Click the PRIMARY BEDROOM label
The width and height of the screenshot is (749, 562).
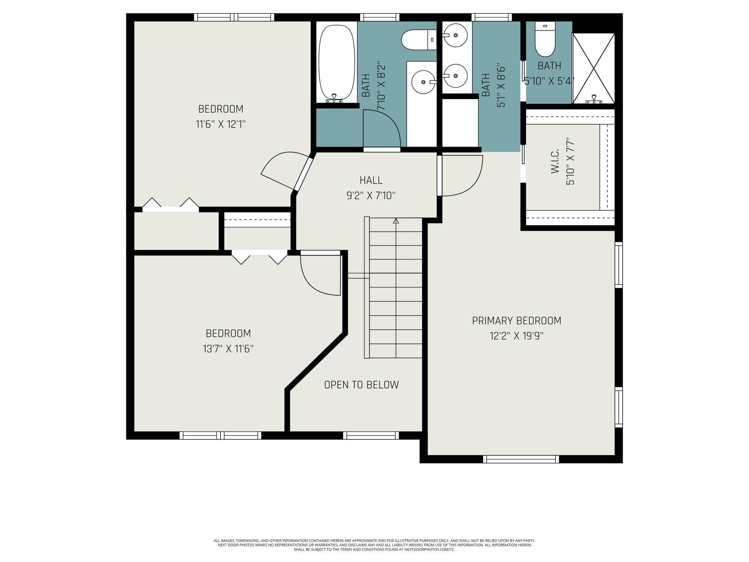[x=516, y=320]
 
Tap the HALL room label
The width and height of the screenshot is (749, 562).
[x=371, y=180]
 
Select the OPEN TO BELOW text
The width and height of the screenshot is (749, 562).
[x=362, y=385]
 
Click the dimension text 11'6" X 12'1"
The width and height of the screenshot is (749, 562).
[x=221, y=125]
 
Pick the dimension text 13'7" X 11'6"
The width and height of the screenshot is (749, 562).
[x=228, y=349]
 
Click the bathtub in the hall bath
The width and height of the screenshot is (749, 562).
[x=337, y=63]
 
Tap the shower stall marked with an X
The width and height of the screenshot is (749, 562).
[x=593, y=68]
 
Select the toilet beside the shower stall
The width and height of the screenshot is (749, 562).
[x=545, y=39]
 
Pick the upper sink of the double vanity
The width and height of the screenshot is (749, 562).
[x=456, y=35]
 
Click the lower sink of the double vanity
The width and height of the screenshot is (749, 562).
[x=456, y=76]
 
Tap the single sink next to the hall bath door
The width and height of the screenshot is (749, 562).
[x=423, y=82]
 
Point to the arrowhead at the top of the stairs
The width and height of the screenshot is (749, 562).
[x=396, y=221]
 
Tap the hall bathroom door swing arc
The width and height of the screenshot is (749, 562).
[x=382, y=128]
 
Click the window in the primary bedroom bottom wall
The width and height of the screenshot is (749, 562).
[x=521, y=459]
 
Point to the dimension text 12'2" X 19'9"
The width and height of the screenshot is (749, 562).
[x=516, y=336]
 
